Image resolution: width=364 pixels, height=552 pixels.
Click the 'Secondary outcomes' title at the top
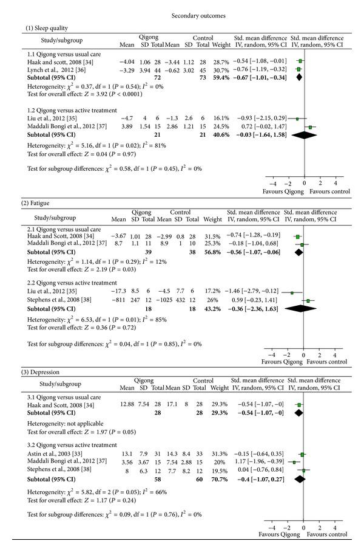pyautogui.click(x=181, y=15)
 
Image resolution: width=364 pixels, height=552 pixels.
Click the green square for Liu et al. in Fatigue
pyautogui.click(x=292, y=292)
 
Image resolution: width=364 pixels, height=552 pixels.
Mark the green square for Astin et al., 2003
pyautogui.click(x=302, y=454)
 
